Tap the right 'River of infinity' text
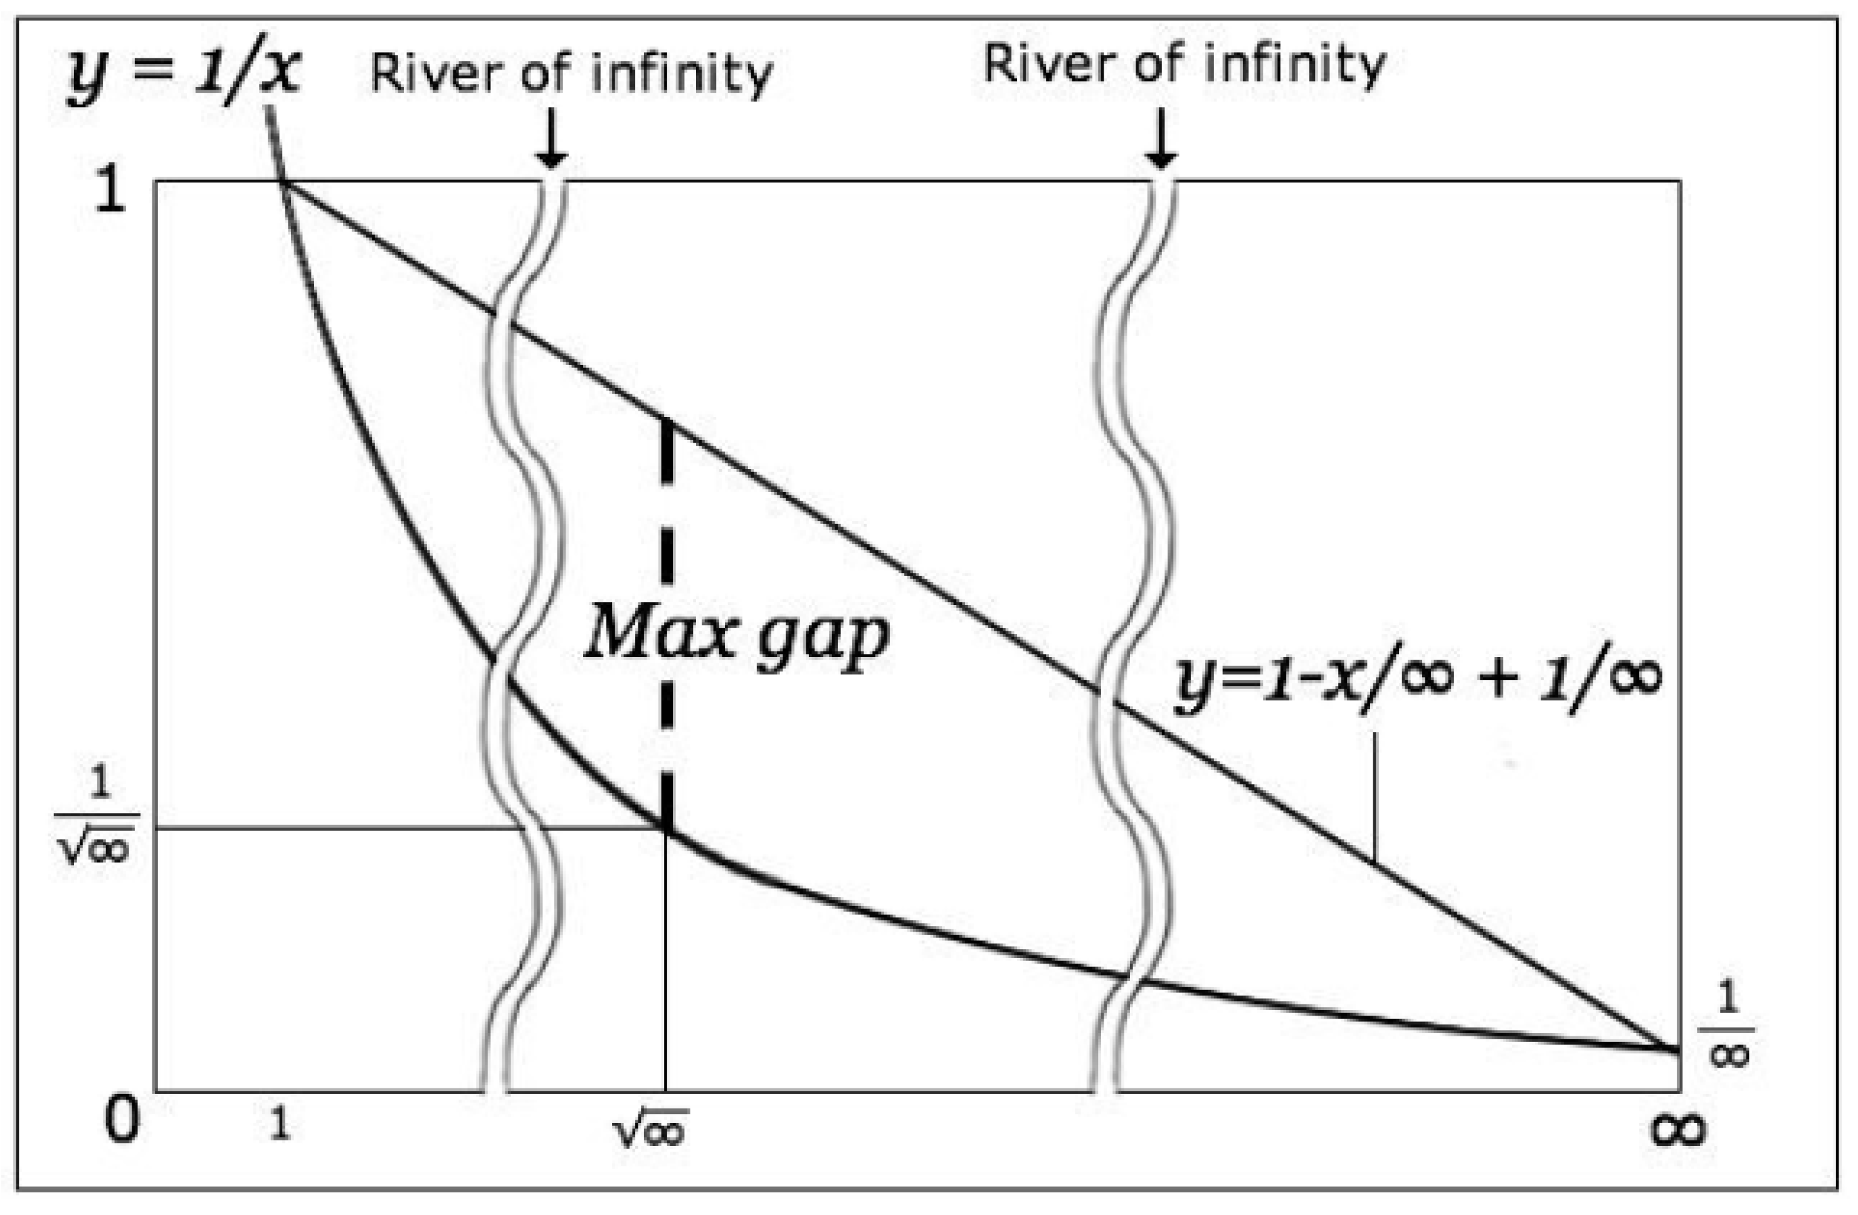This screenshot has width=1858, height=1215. coord(1185,65)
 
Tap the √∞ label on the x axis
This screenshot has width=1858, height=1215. coord(650,1128)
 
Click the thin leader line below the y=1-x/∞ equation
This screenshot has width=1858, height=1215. coord(1375,796)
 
